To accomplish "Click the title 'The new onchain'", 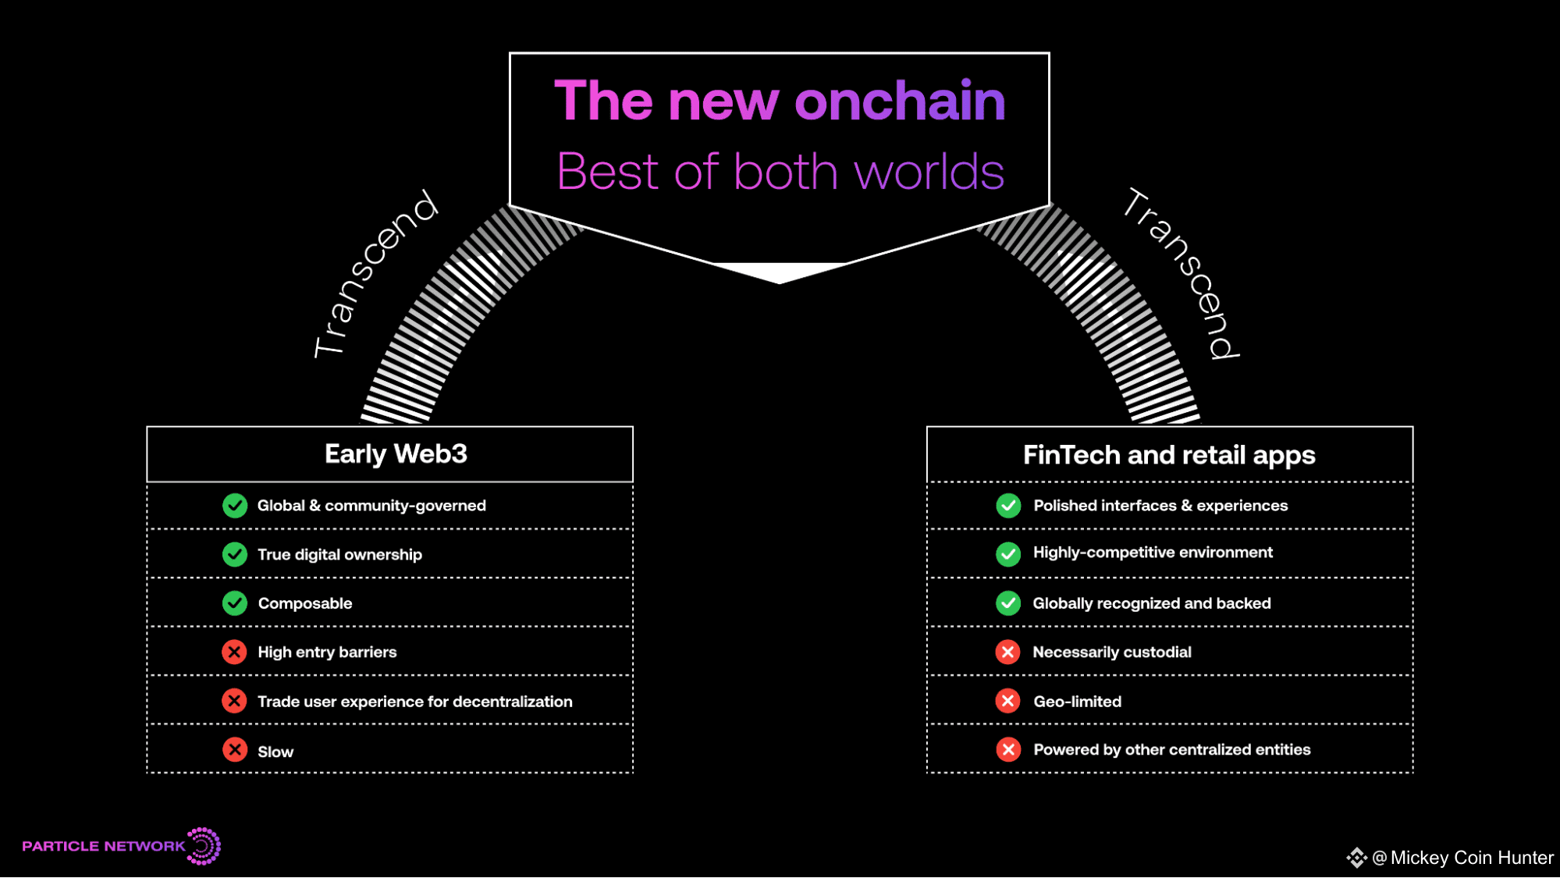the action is [780, 101].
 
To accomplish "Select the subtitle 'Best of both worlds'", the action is [780, 171].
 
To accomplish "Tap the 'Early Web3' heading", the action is [396, 454].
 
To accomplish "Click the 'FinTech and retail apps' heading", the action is [1169, 455].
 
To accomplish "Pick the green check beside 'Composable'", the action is [235, 603].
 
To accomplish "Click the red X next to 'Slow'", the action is [235, 750].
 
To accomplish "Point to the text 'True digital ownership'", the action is [339, 555].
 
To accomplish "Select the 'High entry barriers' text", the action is [327, 652].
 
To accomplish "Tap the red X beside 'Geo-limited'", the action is [1008, 701].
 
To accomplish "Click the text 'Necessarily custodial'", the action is [1112, 652].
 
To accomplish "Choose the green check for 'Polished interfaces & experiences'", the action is [1008, 506].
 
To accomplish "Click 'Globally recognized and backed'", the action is [1152, 603].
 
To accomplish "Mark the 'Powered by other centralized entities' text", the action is [1172, 749].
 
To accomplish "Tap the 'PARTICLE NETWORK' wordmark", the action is [104, 846].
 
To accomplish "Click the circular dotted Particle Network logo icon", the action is [204, 846].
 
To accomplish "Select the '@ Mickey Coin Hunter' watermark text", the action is [1462, 858].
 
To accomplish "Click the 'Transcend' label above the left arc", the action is [375, 273].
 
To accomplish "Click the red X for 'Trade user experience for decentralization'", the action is [234, 701].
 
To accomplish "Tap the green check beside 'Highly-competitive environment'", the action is [1008, 554].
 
